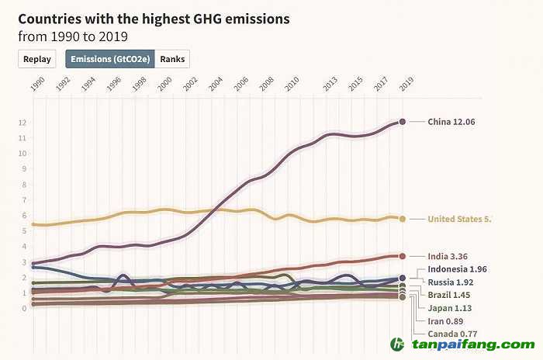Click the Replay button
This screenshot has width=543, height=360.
(37, 59)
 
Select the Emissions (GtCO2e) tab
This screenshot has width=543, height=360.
(110, 59)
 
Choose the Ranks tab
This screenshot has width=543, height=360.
(172, 59)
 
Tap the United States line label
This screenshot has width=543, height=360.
(459, 219)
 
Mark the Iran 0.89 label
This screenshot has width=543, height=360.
(446, 320)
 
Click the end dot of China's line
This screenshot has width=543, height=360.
(403, 122)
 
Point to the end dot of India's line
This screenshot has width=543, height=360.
(403, 256)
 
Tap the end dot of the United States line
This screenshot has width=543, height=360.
(403, 219)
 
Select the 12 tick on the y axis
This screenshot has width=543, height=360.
(23, 123)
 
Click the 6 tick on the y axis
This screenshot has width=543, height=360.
(25, 215)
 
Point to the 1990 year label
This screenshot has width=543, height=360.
(35, 84)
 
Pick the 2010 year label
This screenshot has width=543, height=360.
(292, 84)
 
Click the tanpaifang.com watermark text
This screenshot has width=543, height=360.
(470, 344)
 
